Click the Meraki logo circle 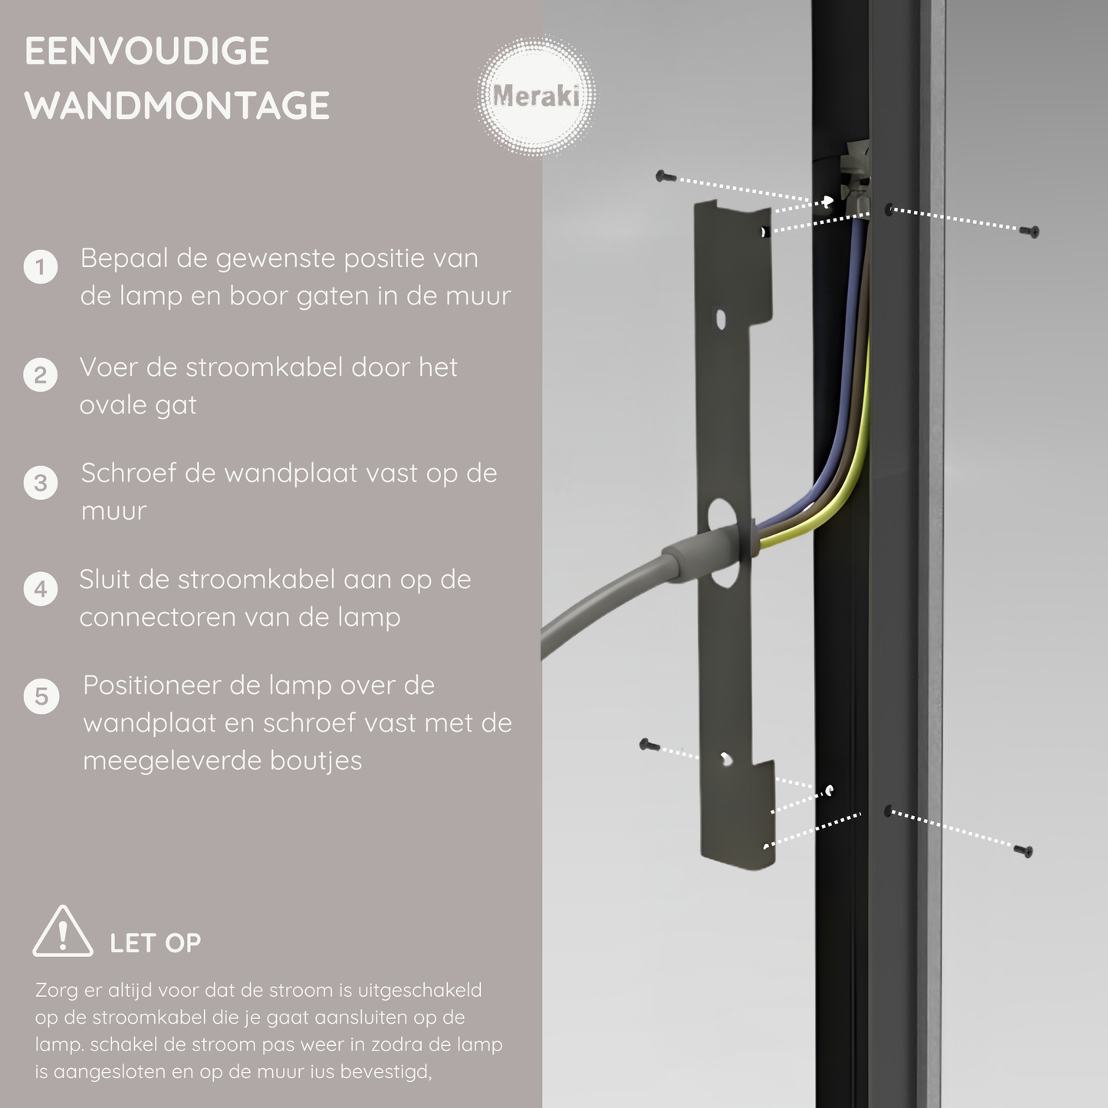click(x=536, y=97)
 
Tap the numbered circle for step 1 click(x=41, y=268)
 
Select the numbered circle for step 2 click(x=41, y=376)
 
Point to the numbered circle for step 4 click(x=41, y=590)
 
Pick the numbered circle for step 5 click(x=41, y=697)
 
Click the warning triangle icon click(x=63, y=932)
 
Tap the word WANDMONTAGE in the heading click(x=177, y=106)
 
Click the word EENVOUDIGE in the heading click(x=147, y=52)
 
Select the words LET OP click(x=155, y=943)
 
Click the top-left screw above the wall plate click(x=666, y=177)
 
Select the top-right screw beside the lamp click(x=1032, y=231)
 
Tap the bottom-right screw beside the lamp click(x=1024, y=850)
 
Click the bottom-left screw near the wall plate click(x=649, y=745)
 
